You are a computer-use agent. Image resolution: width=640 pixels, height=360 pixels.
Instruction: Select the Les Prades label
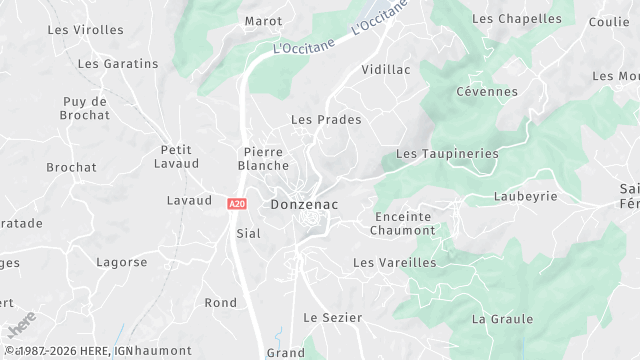(x=326, y=120)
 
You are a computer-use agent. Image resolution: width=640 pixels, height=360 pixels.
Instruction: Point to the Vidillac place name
(x=385, y=70)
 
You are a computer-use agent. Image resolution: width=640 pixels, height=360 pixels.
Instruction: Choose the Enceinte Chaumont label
(x=403, y=223)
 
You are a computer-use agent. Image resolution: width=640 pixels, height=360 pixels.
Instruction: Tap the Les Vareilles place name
(x=395, y=262)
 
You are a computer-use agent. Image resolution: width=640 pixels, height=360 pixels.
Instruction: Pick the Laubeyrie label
(x=525, y=197)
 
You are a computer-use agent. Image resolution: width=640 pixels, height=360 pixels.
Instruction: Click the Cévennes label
(x=487, y=92)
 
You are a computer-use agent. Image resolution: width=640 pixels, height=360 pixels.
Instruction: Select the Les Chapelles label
(x=516, y=19)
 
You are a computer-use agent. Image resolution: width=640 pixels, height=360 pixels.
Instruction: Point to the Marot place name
(x=263, y=21)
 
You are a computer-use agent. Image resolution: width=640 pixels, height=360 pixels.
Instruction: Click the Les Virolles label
(x=86, y=30)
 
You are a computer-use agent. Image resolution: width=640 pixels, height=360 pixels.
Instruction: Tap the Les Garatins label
(x=118, y=64)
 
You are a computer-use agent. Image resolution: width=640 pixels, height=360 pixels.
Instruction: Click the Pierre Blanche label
(x=266, y=158)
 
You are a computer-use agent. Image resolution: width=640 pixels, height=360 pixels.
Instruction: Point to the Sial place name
(x=248, y=233)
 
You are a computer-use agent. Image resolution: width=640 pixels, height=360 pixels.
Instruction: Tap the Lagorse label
(x=122, y=263)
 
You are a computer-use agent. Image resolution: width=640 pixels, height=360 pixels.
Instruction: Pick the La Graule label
(x=502, y=319)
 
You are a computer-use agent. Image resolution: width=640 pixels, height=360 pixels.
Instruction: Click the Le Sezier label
(x=332, y=317)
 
